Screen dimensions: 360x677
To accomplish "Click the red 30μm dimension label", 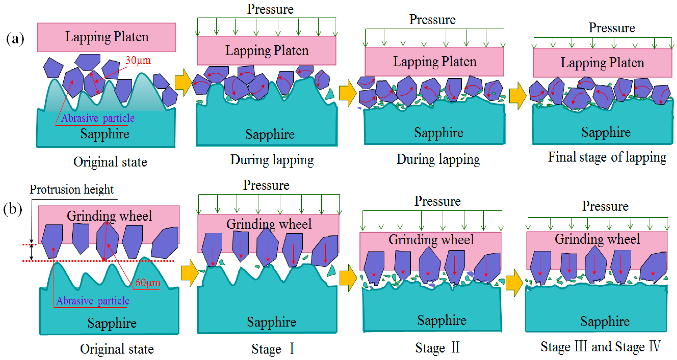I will point(138,60).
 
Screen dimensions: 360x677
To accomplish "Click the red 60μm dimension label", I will point(147,283).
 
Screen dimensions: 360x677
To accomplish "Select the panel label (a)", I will point(15,39).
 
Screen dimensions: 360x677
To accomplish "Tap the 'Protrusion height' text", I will point(71,189).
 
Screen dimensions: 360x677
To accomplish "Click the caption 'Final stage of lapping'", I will point(607,157).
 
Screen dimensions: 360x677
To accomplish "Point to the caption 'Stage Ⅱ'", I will point(437,348).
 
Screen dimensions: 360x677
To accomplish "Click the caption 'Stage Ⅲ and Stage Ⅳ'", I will point(600,347).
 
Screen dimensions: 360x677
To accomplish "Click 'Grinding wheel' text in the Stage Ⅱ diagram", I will point(431,240).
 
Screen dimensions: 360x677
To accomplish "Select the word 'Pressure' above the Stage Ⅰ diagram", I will point(266,185).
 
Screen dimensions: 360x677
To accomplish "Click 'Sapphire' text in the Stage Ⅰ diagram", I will point(271,322).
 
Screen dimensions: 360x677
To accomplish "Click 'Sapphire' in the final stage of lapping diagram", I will point(606,132).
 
